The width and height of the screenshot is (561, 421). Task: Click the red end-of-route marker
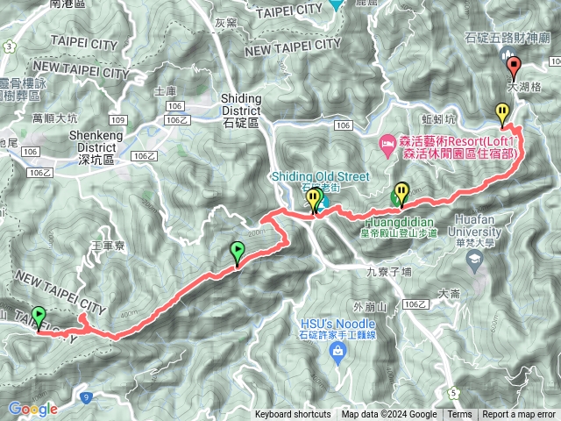(x=514, y=67)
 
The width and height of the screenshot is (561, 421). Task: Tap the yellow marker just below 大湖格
(x=501, y=113)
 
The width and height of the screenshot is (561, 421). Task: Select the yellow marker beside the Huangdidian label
(x=401, y=192)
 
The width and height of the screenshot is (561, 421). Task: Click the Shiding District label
(x=240, y=111)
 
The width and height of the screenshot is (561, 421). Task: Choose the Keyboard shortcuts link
(x=293, y=415)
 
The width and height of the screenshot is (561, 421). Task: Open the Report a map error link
(x=520, y=415)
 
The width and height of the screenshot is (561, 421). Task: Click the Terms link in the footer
(x=459, y=415)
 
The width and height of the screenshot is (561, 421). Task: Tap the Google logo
(x=32, y=408)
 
